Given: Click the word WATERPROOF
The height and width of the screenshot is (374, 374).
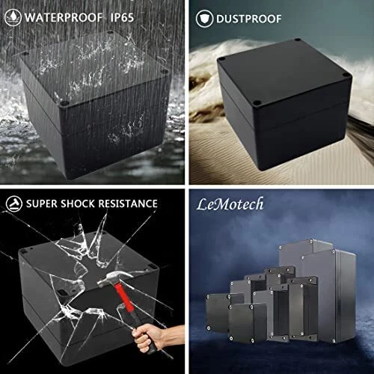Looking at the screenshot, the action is pyautogui.click(x=64, y=17).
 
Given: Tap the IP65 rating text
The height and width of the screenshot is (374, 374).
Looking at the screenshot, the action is pyautogui.click(x=122, y=17).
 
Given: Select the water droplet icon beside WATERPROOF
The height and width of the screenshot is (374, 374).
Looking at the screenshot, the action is pyautogui.click(x=13, y=17).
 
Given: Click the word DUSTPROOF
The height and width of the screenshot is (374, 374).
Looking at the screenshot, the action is pyautogui.click(x=249, y=19).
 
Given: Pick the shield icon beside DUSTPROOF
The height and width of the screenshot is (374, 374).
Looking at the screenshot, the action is pyautogui.click(x=204, y=19).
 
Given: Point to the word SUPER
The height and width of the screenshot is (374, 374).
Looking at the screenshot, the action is pyautogui.click(x=42, y=203).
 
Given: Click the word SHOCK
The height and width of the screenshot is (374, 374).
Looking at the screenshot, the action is pyautogui.click(x=78, y=203).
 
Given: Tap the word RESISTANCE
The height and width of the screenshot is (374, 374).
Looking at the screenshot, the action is pyautogui.click(x=128, y=203).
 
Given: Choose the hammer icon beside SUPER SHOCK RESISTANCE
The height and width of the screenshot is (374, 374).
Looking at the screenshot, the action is pyautogui.click(x=14, y=203).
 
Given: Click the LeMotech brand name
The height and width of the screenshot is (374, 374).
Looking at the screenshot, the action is pyautogui.click(x=230, y=204).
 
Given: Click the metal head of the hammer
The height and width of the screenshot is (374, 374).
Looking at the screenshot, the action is pyautogui.click(x=114, y=278).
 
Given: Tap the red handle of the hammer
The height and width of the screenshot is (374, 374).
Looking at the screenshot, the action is pyautogui.click(x=124, y=297).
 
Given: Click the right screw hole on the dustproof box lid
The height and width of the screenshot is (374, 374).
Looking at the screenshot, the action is pyautogui.click(x=346, y=75).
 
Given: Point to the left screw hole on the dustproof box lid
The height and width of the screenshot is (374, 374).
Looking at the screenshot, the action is pyautogui.click(x=221, y=59).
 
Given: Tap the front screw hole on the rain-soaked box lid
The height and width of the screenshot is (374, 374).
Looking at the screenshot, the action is pyautogui.click(x=64, y=102).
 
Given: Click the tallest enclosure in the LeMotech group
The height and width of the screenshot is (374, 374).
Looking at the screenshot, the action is pyautogui.click(x=329, y=293).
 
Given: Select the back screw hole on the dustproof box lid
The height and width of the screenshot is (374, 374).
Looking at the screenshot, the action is pyautogui.click(x=297, y=40).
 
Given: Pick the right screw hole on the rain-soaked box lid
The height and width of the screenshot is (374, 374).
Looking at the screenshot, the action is pyautogui.click(x=165, y=72).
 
